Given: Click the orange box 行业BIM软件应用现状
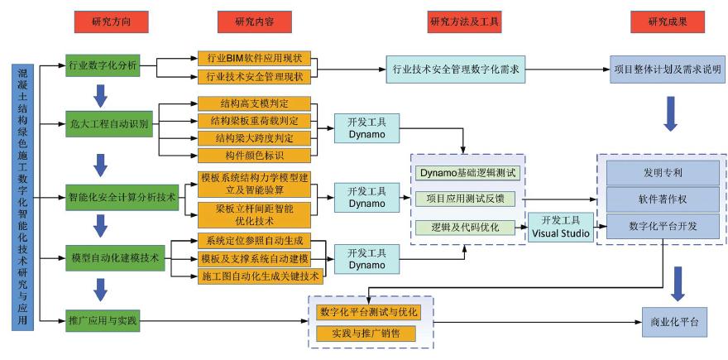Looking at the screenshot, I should pos(253,58).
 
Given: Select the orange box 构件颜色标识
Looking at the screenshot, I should pos(253,155).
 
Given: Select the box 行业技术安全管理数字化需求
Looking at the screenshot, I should pos(456,70).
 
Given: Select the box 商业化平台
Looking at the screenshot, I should pos(674,321).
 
